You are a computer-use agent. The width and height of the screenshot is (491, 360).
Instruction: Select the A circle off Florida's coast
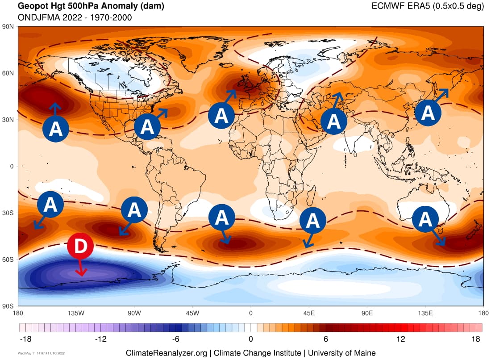[x=147, y=126]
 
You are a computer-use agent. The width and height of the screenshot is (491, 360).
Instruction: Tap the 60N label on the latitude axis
[x=9, y=73]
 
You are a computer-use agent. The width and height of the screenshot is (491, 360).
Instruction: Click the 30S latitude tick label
[x=9, y=213]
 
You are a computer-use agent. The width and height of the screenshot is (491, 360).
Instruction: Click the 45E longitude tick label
[x=309, y=313]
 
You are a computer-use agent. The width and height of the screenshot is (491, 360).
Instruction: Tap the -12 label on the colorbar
[x=101, y=339]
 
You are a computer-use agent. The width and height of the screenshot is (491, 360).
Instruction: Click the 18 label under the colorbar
[x=476, y=339]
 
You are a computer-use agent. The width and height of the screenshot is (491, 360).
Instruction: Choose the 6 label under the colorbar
[x=326, y=339]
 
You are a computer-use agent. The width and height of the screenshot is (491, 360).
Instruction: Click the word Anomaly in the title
[x=104, y=7]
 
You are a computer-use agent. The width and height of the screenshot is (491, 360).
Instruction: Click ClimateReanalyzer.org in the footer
[x=166, y=352]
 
